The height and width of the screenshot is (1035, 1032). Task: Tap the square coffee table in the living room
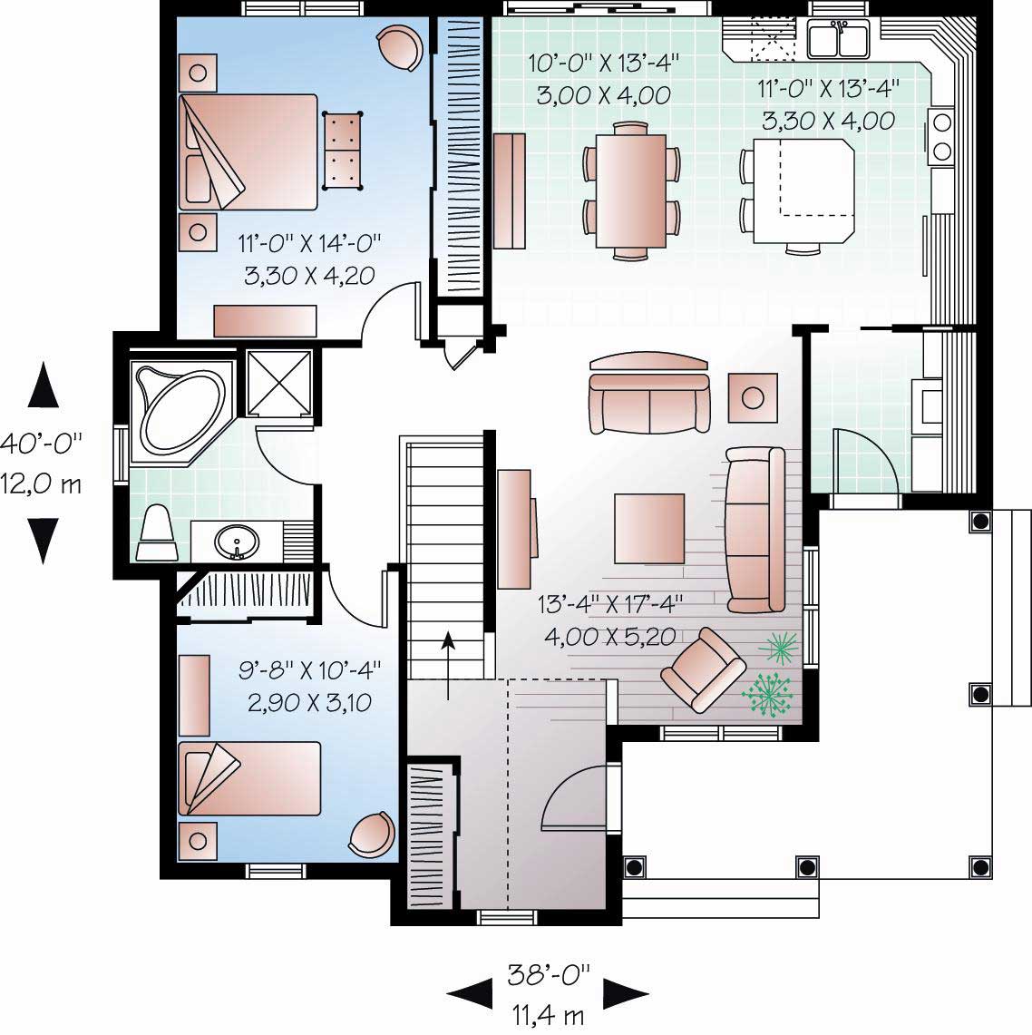649,528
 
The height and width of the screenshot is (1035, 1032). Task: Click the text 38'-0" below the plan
549,976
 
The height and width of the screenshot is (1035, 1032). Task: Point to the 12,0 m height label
41,484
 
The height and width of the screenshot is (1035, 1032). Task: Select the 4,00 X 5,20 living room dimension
609,637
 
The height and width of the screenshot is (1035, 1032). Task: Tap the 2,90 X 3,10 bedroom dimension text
308,702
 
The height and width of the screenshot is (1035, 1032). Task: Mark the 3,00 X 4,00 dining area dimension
603,94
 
